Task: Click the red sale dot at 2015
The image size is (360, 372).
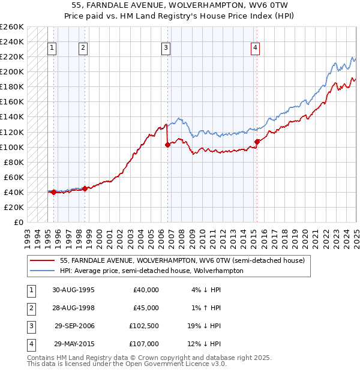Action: click(x=257, y=142)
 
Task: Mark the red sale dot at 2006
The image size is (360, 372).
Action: click(x=167, y=145)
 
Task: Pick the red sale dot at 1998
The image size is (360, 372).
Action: click(x=85, y=188)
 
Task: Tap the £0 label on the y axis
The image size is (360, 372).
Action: click(x=18, y=222)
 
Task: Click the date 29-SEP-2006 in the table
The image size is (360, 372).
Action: click(x=74, y=326)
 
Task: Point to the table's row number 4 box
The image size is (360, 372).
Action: click(x=31, y=344)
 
